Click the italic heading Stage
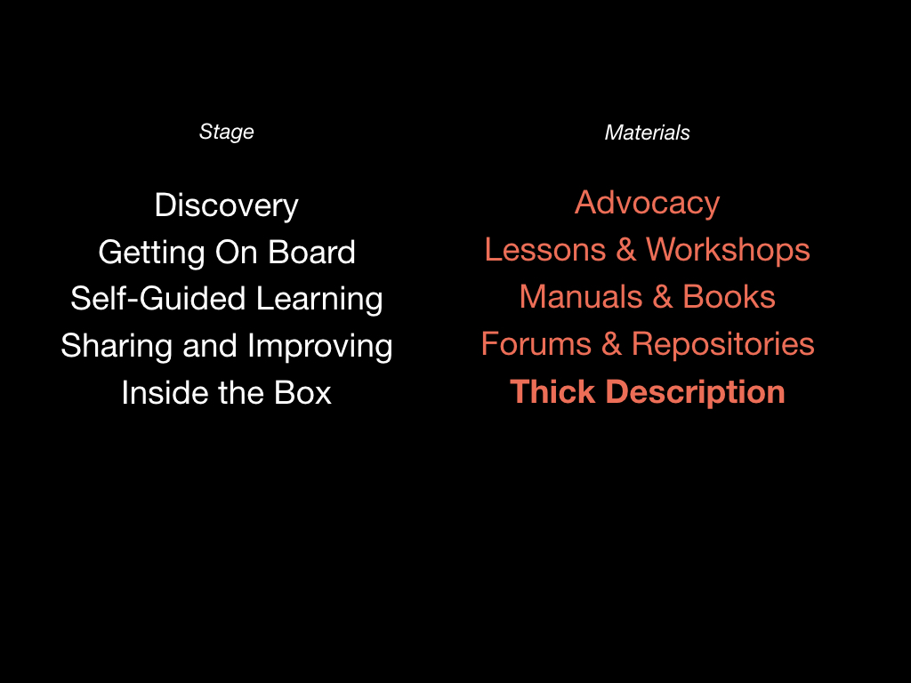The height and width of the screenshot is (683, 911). [227, 133]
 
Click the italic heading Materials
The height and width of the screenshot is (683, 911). [648, 133]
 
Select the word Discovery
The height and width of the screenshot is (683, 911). [227, 206]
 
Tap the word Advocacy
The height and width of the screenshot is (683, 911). [648, 204]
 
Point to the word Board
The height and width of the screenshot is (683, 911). [311, 252]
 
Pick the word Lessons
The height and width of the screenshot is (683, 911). [545, 250]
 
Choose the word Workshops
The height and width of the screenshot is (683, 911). [728, 251]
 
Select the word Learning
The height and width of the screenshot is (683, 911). [319, 300]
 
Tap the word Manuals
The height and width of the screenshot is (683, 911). [581, 297]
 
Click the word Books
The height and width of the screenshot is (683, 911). [729, 297]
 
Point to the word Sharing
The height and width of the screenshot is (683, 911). [117, 347]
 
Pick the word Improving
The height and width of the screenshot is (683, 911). [320, 347]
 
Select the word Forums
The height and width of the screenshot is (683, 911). [536, 344]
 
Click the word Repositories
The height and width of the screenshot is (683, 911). [722, 345]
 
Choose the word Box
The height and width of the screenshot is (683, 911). [302, 392]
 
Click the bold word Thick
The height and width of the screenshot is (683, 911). [552, 391]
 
